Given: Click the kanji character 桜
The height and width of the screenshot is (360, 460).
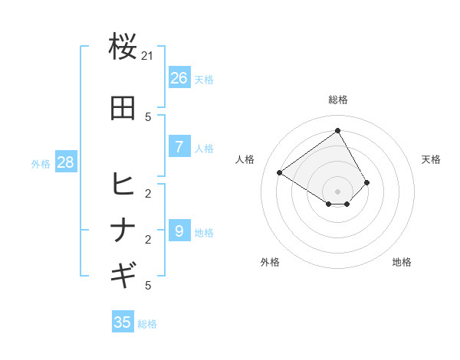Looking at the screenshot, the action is (x=123, y=47).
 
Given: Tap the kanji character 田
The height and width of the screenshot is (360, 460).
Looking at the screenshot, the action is (x=123, y=108).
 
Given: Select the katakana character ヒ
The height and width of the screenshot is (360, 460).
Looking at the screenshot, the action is (x=123, y=185).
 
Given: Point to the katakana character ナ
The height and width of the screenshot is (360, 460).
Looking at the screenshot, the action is (x=123, y=230).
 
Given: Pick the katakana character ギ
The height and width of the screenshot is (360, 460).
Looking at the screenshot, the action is (x=123, y=273).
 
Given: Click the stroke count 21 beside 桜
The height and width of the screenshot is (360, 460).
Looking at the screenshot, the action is (x=148, y=57).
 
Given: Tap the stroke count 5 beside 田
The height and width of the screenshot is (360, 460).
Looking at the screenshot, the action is (x=148, y=117).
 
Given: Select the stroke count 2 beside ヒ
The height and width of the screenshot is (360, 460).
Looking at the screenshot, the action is (x=148, y=194).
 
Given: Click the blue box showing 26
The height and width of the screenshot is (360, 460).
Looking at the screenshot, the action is (x=179, y=78).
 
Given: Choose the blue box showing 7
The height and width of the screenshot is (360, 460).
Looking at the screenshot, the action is (x=179, y=147).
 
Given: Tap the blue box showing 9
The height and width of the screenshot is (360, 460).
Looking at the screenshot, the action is (x=179, y=231).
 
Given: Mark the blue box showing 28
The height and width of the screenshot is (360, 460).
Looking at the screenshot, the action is (x=65, y=162).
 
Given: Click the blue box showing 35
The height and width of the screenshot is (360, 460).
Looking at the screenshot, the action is (x=123, y=322).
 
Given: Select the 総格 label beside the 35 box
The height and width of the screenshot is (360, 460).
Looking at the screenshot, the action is (x=147, y=324).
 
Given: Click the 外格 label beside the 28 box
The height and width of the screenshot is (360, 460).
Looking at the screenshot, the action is (x=41, y=164).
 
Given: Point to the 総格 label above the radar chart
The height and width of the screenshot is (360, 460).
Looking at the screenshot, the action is (x=337, y=100).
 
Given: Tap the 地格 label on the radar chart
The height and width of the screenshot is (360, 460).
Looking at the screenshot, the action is (x=402, y=263).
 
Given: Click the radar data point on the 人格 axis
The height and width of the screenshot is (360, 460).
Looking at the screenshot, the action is (x=280, y=172).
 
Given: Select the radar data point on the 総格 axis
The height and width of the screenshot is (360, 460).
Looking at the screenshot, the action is (x=337, y=130).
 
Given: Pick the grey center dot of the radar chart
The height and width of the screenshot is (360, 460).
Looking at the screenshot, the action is (x=337, y=191).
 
